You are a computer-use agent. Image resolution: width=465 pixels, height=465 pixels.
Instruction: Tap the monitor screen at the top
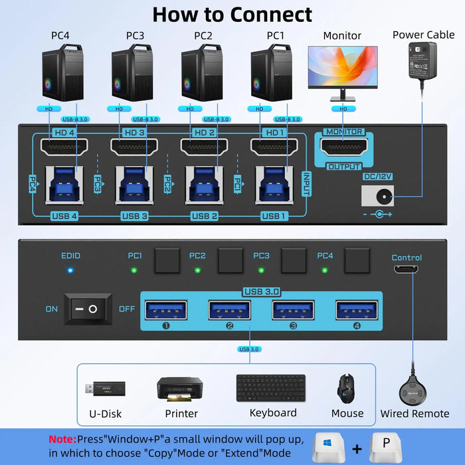(342, 67)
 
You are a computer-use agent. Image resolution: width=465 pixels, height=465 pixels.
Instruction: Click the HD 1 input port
(273, 148)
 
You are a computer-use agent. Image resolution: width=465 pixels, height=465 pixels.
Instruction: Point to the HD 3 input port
(132, 148)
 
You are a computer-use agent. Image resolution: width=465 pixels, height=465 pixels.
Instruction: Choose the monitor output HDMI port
(343, 148)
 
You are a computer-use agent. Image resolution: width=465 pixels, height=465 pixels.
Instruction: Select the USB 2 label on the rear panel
(205, 216)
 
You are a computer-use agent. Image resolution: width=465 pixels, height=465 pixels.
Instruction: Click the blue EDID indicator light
(70, 271)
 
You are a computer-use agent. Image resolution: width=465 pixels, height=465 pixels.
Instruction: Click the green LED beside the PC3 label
(261, 270)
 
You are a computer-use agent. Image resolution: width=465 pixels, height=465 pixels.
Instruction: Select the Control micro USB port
(407, 270)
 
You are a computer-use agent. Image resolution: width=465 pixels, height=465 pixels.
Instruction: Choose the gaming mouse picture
(346, 388)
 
